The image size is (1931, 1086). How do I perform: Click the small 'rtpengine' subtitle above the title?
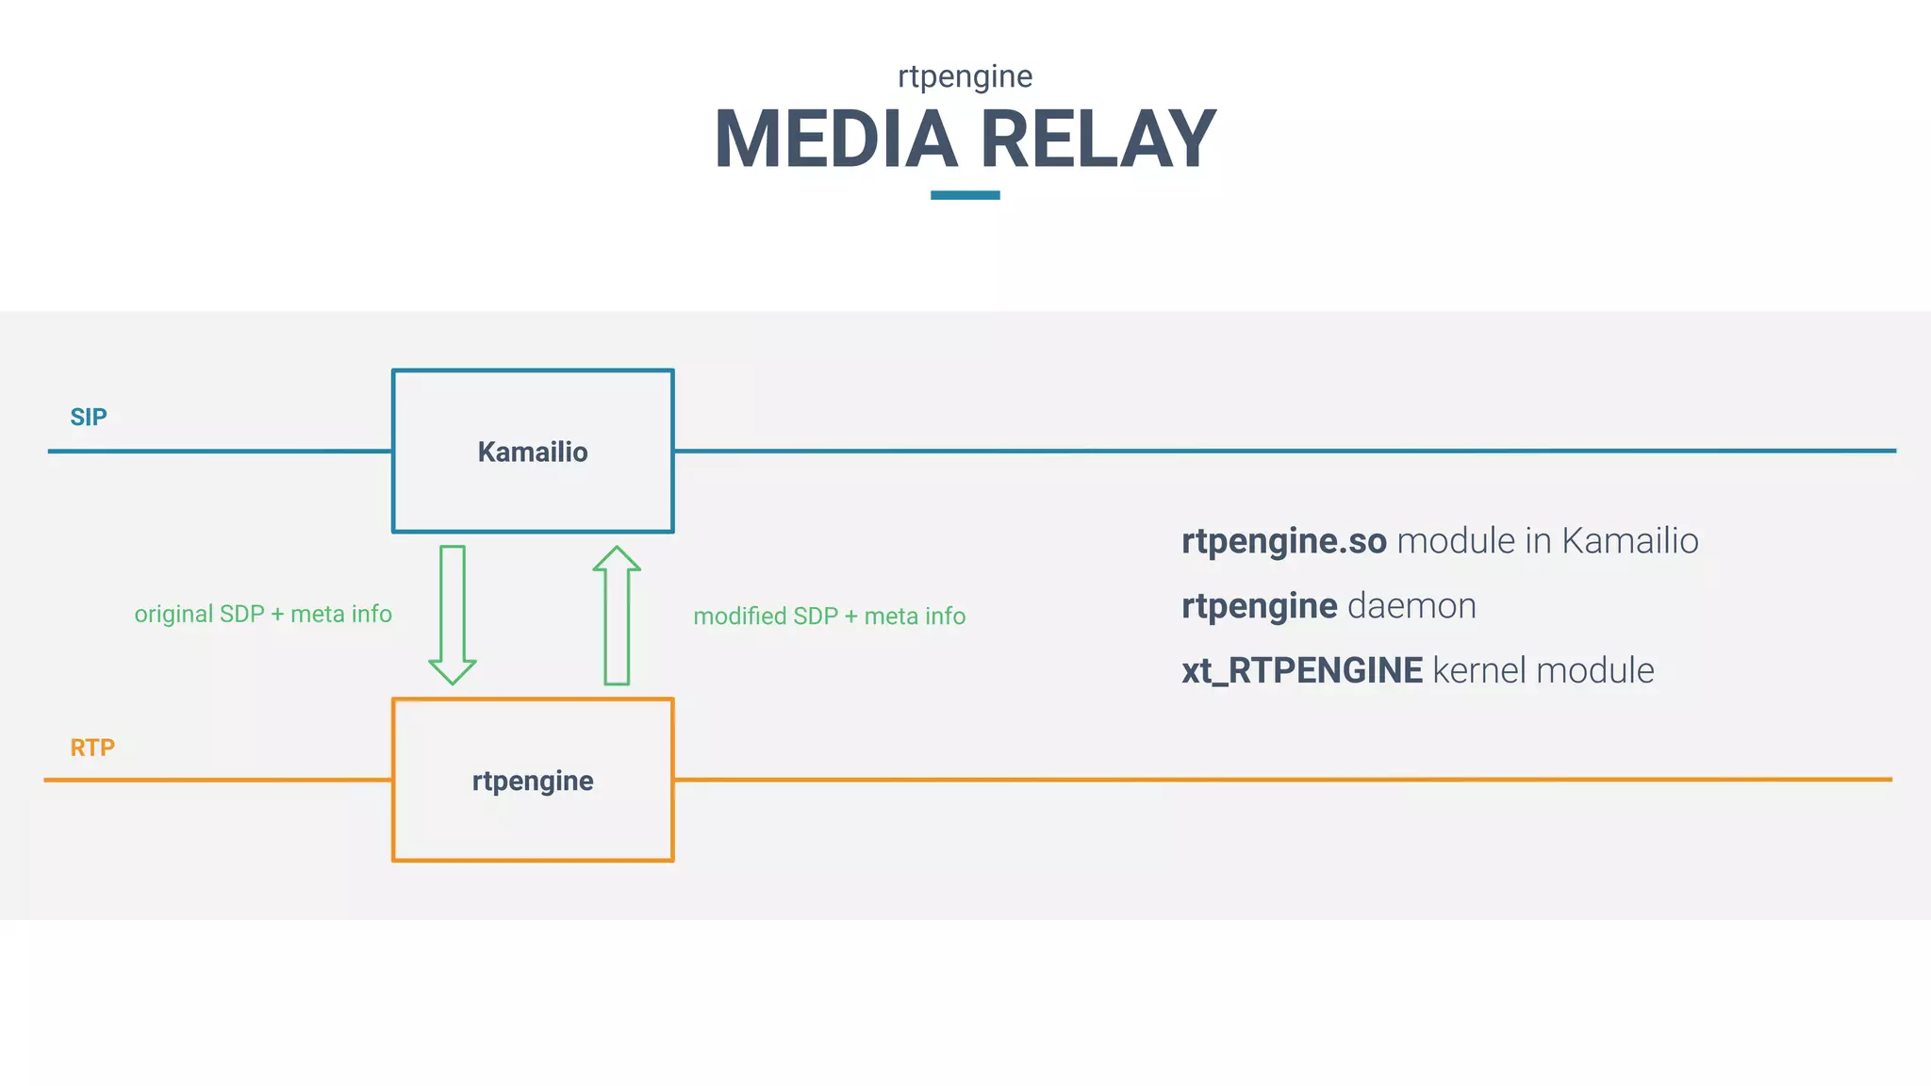(x=965, y=75)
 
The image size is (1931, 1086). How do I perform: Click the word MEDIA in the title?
(x=835, y=140)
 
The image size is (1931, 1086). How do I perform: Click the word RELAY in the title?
(x=1098, y=140)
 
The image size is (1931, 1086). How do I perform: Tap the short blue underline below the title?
(x=965, y=195)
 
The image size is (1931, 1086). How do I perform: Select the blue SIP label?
(x=89, y=417)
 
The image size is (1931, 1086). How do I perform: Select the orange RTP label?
(x=92, y=748)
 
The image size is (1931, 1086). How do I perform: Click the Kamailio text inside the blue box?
(x=533, y=452)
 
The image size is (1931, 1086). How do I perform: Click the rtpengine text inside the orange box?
(x=533, y=781)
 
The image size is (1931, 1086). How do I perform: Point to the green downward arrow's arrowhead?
(x=453, y=670)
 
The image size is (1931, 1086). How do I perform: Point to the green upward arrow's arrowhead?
(x=617, y=560)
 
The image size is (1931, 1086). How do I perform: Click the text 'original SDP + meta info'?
(x=263, y=614)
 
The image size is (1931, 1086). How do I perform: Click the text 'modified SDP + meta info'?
(x=830, y=616)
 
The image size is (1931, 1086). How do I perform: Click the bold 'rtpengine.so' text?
(x=1283, y=541)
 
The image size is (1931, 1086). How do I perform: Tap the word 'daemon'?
(x=1411, y=605)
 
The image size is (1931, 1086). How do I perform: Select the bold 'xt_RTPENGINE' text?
(x=1302, y=670)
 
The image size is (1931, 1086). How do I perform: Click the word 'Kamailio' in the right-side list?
(x=1629, y=541)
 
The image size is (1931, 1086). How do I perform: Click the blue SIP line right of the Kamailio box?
(x=1226, y=451)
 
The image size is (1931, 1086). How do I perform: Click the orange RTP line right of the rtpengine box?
(x=1226, y=780)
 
